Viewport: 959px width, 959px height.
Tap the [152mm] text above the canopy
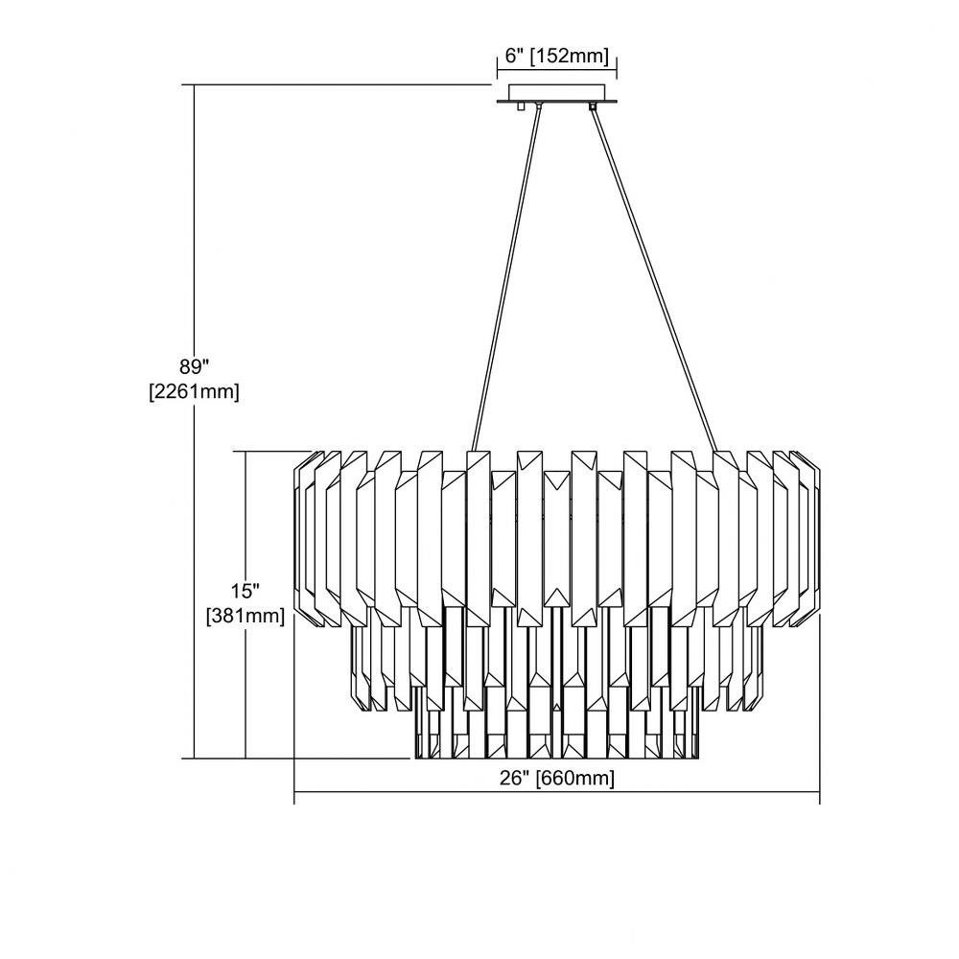(x=570, y=57)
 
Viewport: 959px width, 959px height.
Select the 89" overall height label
(x=194, y=366)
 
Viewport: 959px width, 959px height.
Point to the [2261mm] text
(x=194, y=391)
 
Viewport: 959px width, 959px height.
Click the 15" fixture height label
(x=246, y=592)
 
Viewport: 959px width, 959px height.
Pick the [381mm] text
(x=246, y=616)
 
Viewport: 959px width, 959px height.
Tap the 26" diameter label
(x=514, y=778)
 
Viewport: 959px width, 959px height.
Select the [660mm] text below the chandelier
(x=575, y=779)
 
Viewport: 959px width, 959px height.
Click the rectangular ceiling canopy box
(x=556, y=92)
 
